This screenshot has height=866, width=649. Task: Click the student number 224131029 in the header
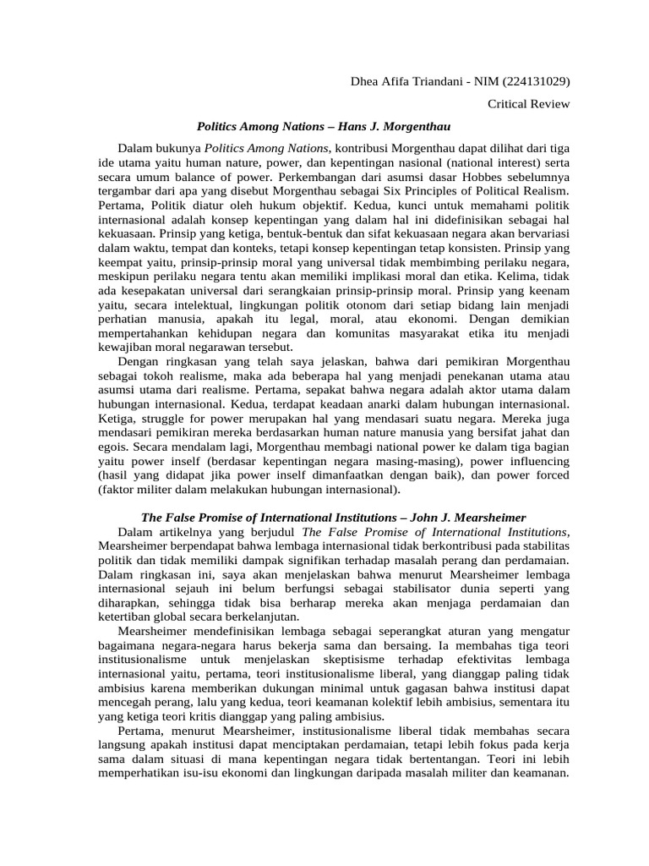[x=536, y=82]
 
